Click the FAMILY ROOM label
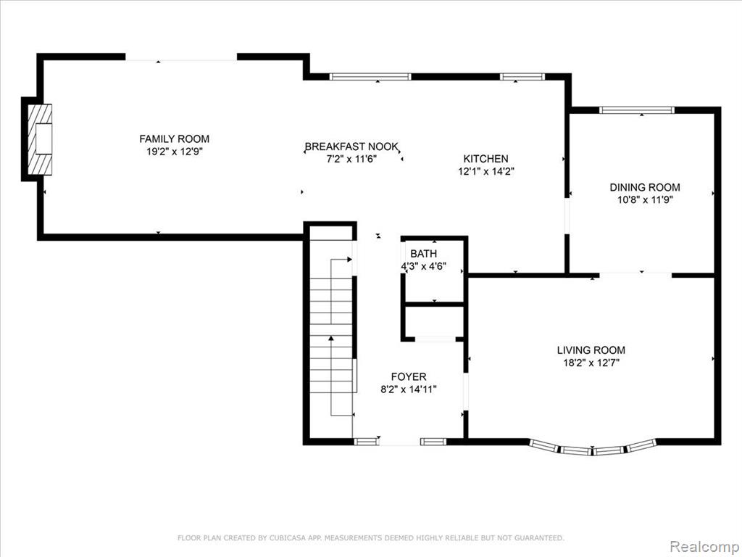(x=174, y=139)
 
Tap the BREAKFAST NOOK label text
(x=351, y=147)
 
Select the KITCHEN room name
(x=485, y=159)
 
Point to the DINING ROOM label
(x=644, y=187)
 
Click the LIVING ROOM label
(x=591, y=350)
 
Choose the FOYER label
(x=409, y=376)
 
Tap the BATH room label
(x=423, y=253)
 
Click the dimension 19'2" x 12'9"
(x=175, y=152)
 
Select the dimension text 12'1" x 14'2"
(x=486, y=171)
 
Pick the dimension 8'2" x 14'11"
(x=409, y=389)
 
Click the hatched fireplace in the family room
(x=40, y=139)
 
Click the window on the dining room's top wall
(x=636, y=110)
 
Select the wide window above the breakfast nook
(x=370, y=77)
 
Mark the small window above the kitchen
(x=522, y=77)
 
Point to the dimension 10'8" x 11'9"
(x=645, y=200)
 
